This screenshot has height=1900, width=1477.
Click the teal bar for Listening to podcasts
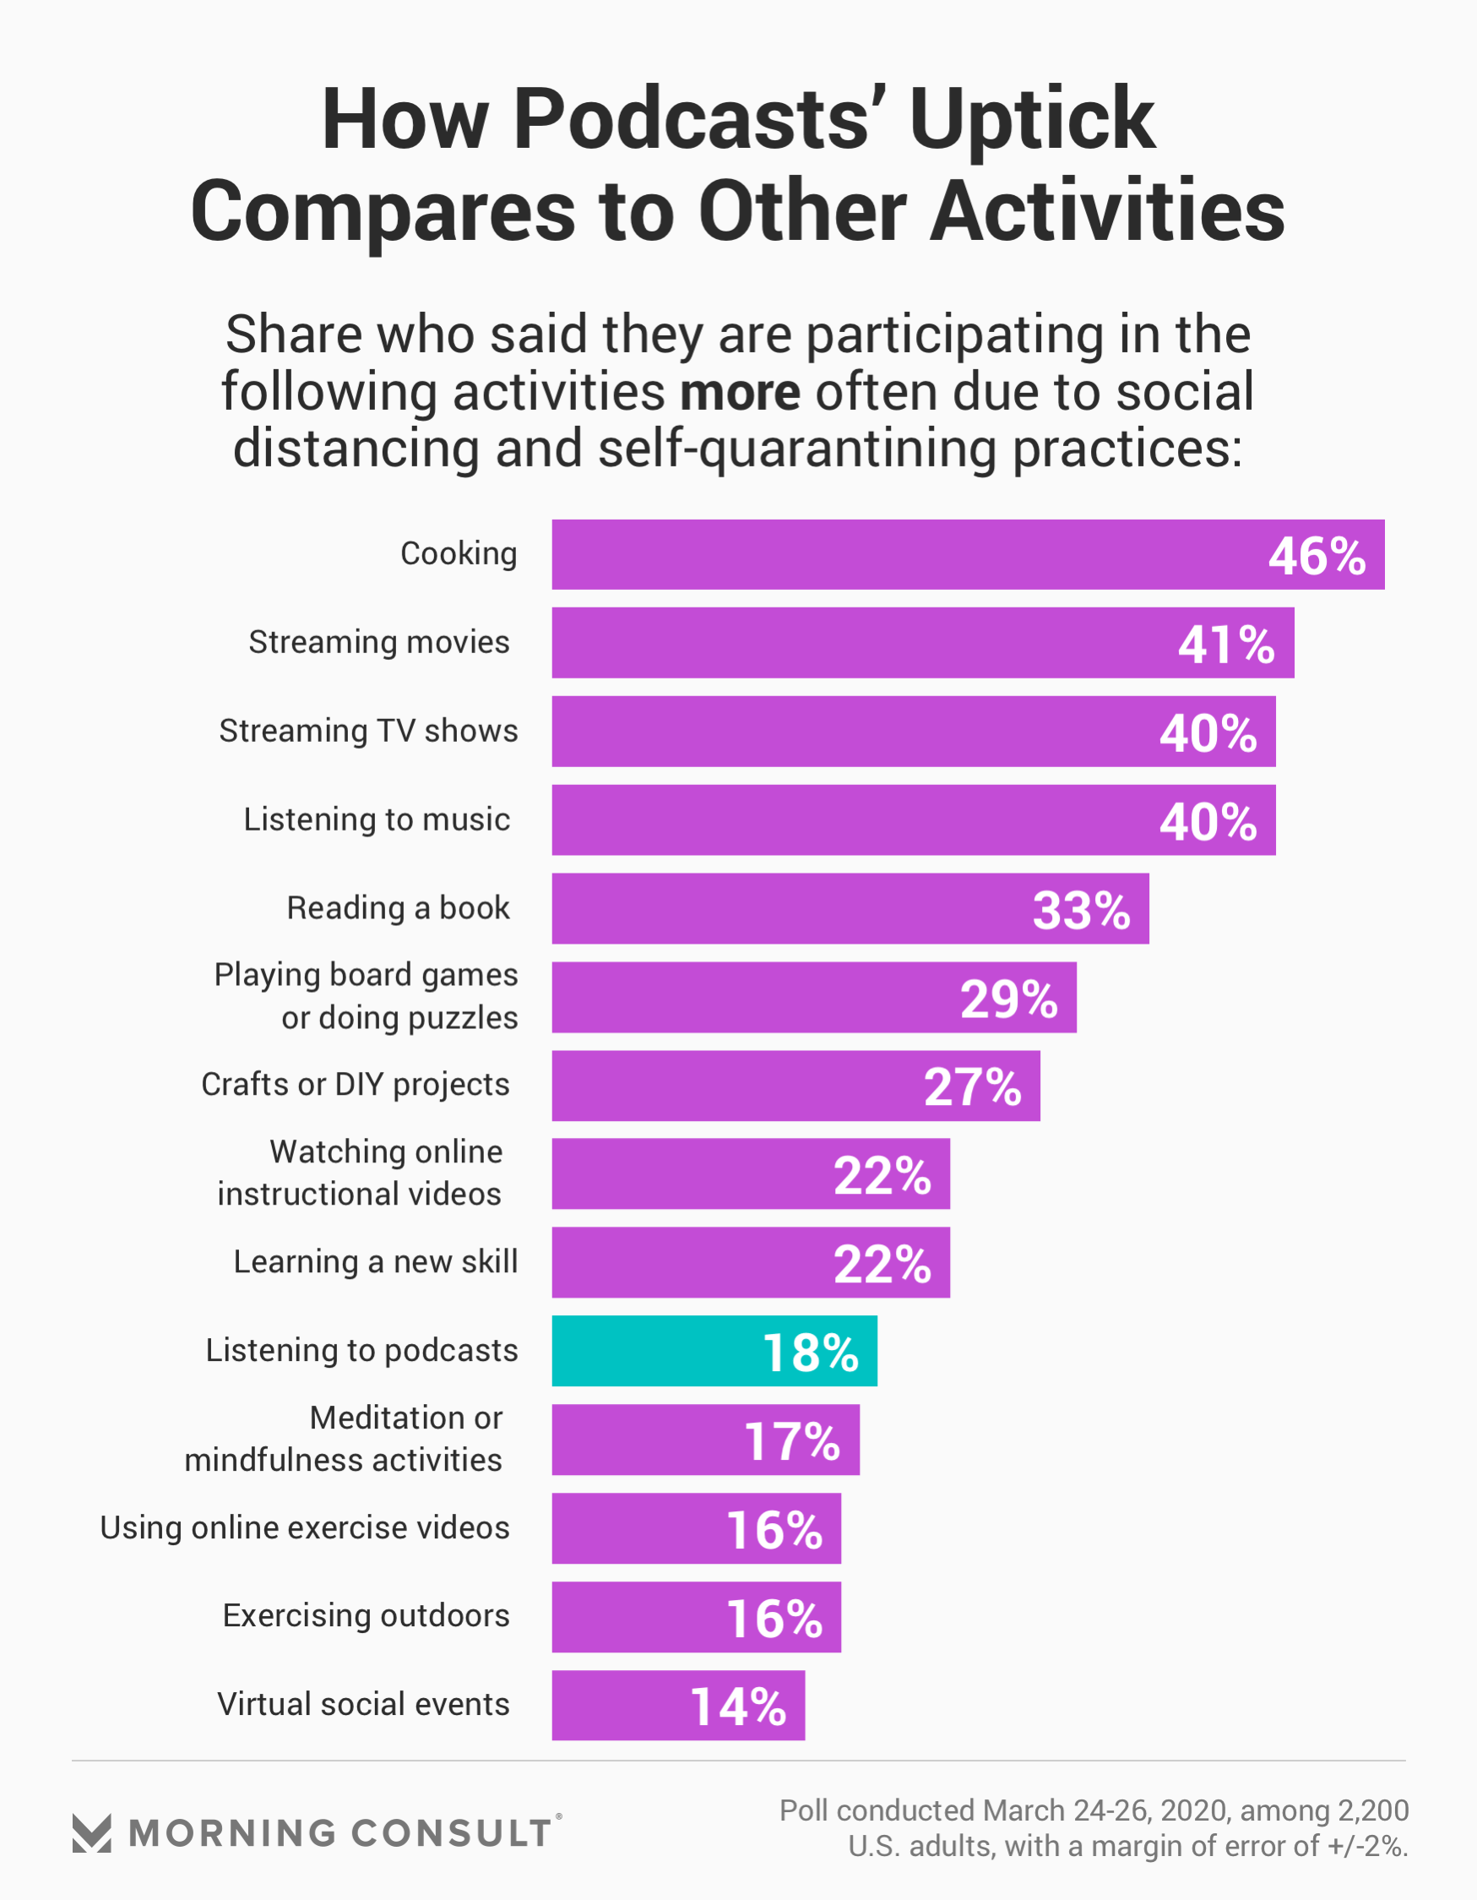pyautogui.click(x=714, y=1350)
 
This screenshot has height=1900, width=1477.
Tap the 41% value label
pyautogui.click(x=1225, y=644)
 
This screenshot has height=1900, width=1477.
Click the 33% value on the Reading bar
pyautogui.click(x=1080, y=910)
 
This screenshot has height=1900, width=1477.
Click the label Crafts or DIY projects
pyautogui.click(x=355, y=1085)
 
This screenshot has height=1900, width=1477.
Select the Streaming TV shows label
pyautogui.click(x=368, y=731)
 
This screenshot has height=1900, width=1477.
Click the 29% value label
pyautogui.click(x=1008, y=999)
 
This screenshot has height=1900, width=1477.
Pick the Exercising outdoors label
pyautogui.click(x=366, y=1615)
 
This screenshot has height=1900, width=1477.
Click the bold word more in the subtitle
pyautogui.click(x=740, y=392)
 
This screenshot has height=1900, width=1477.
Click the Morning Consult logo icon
pyautogui.click(x=91, y=1833)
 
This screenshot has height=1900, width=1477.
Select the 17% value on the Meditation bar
pyautogui.click(x=791, y=1441)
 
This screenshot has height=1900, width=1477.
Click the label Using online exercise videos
pyautogui.click(x=305, y=1527)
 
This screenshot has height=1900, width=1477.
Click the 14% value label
pyautogui.click(x=737, y=1707)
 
